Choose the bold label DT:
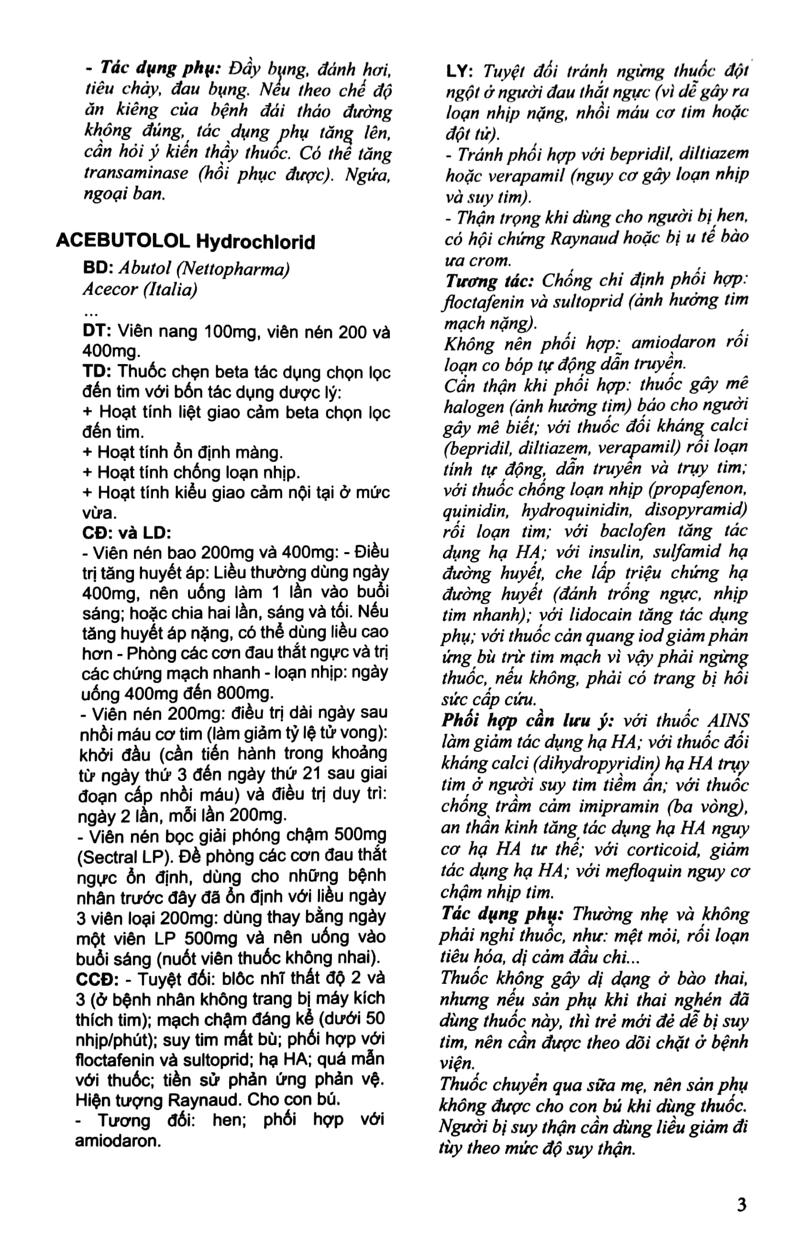pyautogui.click(x=97, y=331)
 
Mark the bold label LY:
pyautogui.click(x=460, y=71)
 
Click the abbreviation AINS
pyautogui.click(x=728, y=720)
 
